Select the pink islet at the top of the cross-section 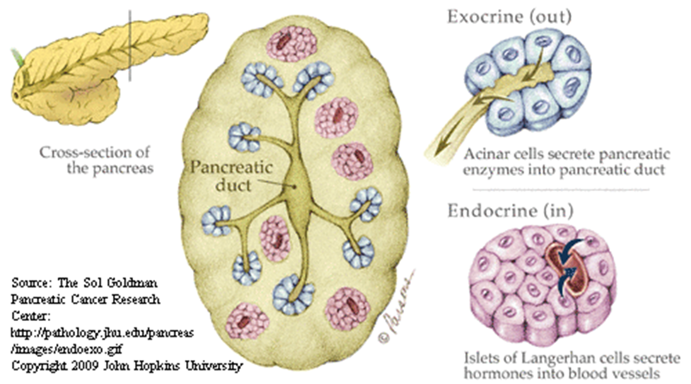[x=291, y=42]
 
